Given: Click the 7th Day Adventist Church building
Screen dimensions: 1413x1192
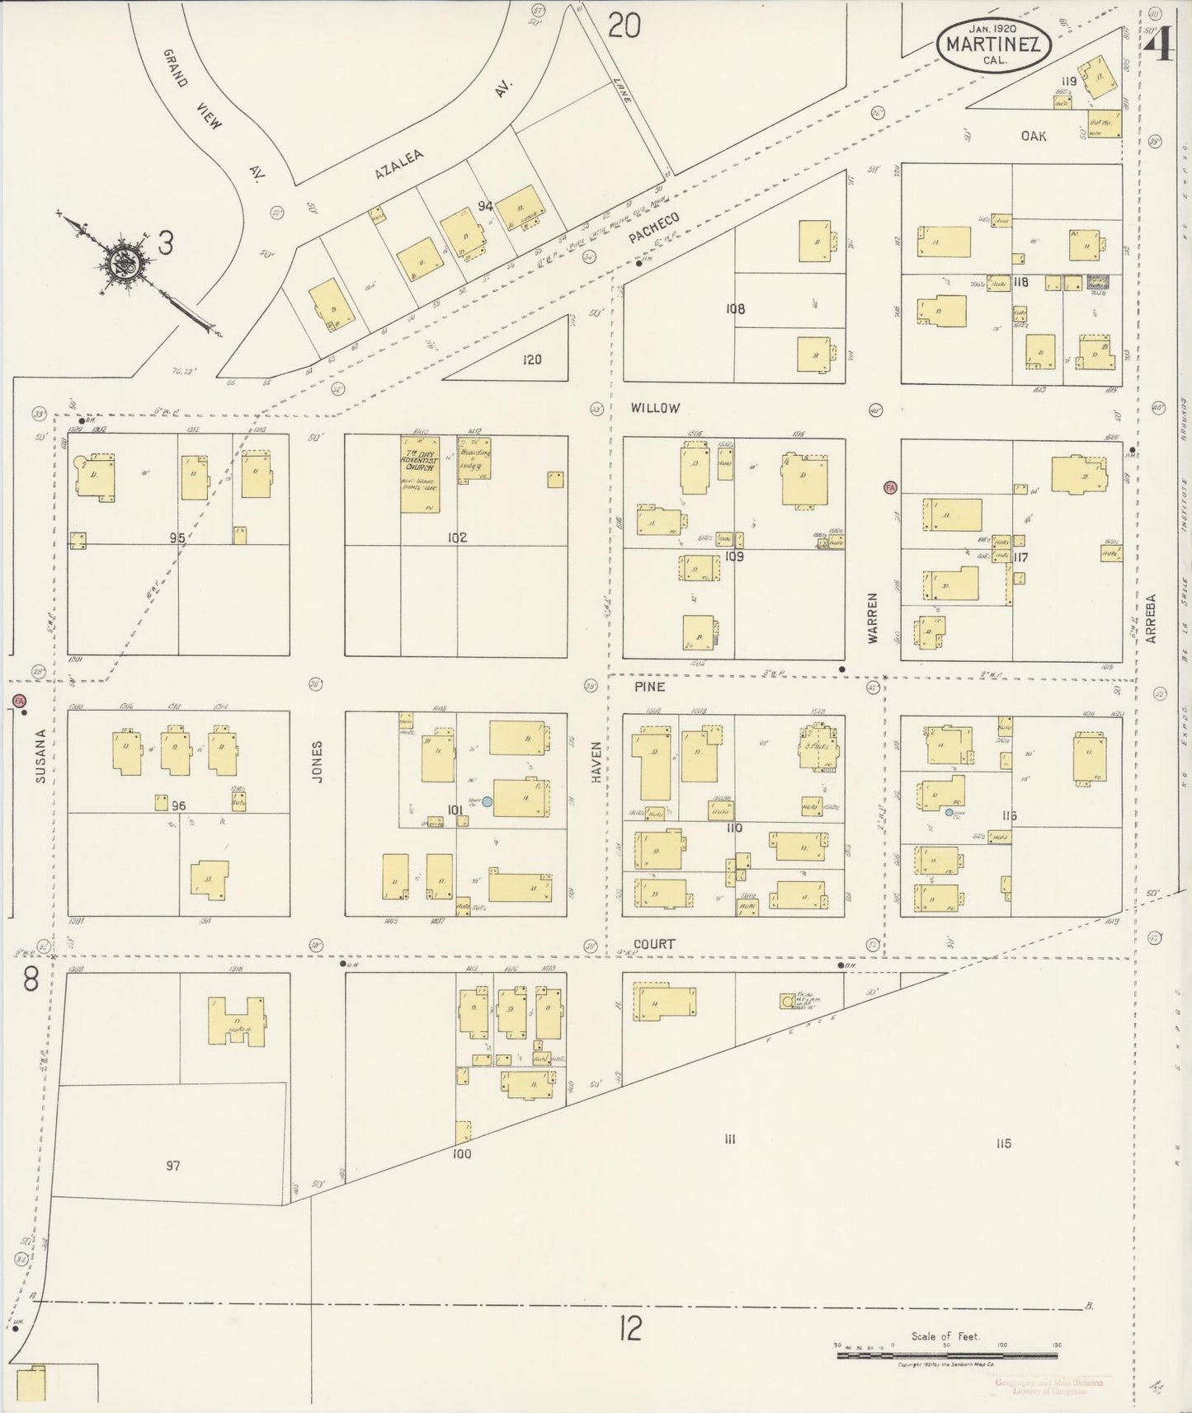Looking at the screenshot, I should [419, 474].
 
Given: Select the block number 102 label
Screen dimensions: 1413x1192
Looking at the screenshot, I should [456, 538].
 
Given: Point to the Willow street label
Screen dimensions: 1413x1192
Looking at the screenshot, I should [655, 408].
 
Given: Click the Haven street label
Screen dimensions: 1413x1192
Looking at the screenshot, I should [595, 760].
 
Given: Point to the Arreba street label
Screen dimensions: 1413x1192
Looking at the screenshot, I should [1151, 618].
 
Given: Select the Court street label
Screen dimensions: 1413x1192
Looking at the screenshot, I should [655, 944].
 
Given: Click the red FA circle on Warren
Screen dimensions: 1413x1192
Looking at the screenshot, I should [889, 487].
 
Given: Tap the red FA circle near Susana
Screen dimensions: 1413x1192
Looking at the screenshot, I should [20, 701].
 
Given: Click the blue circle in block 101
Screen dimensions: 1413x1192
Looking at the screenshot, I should [488, 800].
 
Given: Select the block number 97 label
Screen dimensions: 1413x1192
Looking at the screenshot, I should [172, 1166].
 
